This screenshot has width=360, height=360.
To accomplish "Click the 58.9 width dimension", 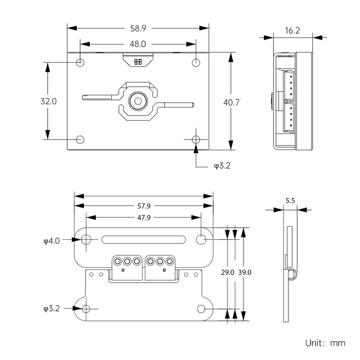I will pos(138,28).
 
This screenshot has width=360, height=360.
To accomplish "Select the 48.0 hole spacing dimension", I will pos(138,44).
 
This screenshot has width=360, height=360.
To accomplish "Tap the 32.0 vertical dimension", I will pos(48,101).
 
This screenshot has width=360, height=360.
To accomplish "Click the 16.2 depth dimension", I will pos(292,31).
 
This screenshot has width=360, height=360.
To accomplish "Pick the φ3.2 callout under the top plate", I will pos(222,166).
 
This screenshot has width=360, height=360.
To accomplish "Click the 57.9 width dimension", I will pos(144,206).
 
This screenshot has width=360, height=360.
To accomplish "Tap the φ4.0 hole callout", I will pos(52,241).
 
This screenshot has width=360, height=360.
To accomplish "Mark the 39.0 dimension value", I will pos(245,272).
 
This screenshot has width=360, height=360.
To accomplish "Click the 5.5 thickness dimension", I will pos(290,201).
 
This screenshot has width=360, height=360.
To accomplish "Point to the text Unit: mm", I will pos(325,343).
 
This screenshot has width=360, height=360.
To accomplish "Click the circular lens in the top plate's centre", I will pos(137,101).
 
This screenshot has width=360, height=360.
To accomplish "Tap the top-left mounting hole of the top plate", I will pos(80,62).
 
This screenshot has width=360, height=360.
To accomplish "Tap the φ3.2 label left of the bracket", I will pos(52,309).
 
